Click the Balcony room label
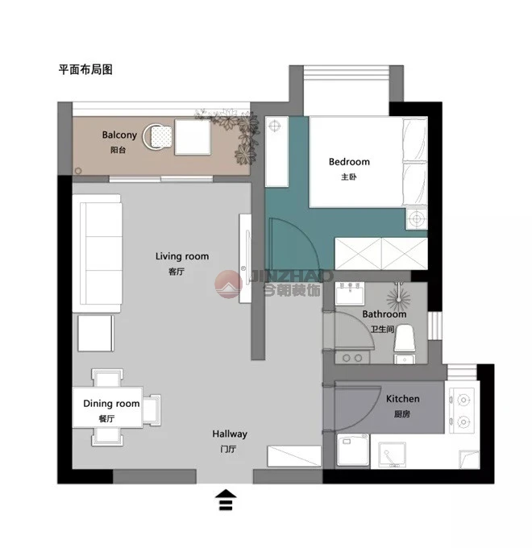point(119,135)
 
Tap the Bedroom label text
point(349,162)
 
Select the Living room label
point(182,256)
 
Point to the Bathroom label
point(384,314)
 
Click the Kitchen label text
point(403,399)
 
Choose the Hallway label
point(230,434)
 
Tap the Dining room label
point(111,404)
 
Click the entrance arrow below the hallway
point(227,500)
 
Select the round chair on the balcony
point(157,137)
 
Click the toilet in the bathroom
point(405,344)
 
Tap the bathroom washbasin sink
point(350,293)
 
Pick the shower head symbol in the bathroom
point(398,299)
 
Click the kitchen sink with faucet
point(393,455)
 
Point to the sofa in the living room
point(98,253)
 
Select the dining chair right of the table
point(152,410)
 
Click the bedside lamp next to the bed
point(416,218)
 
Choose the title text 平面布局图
point(85,69)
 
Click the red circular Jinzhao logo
point(228,284)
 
